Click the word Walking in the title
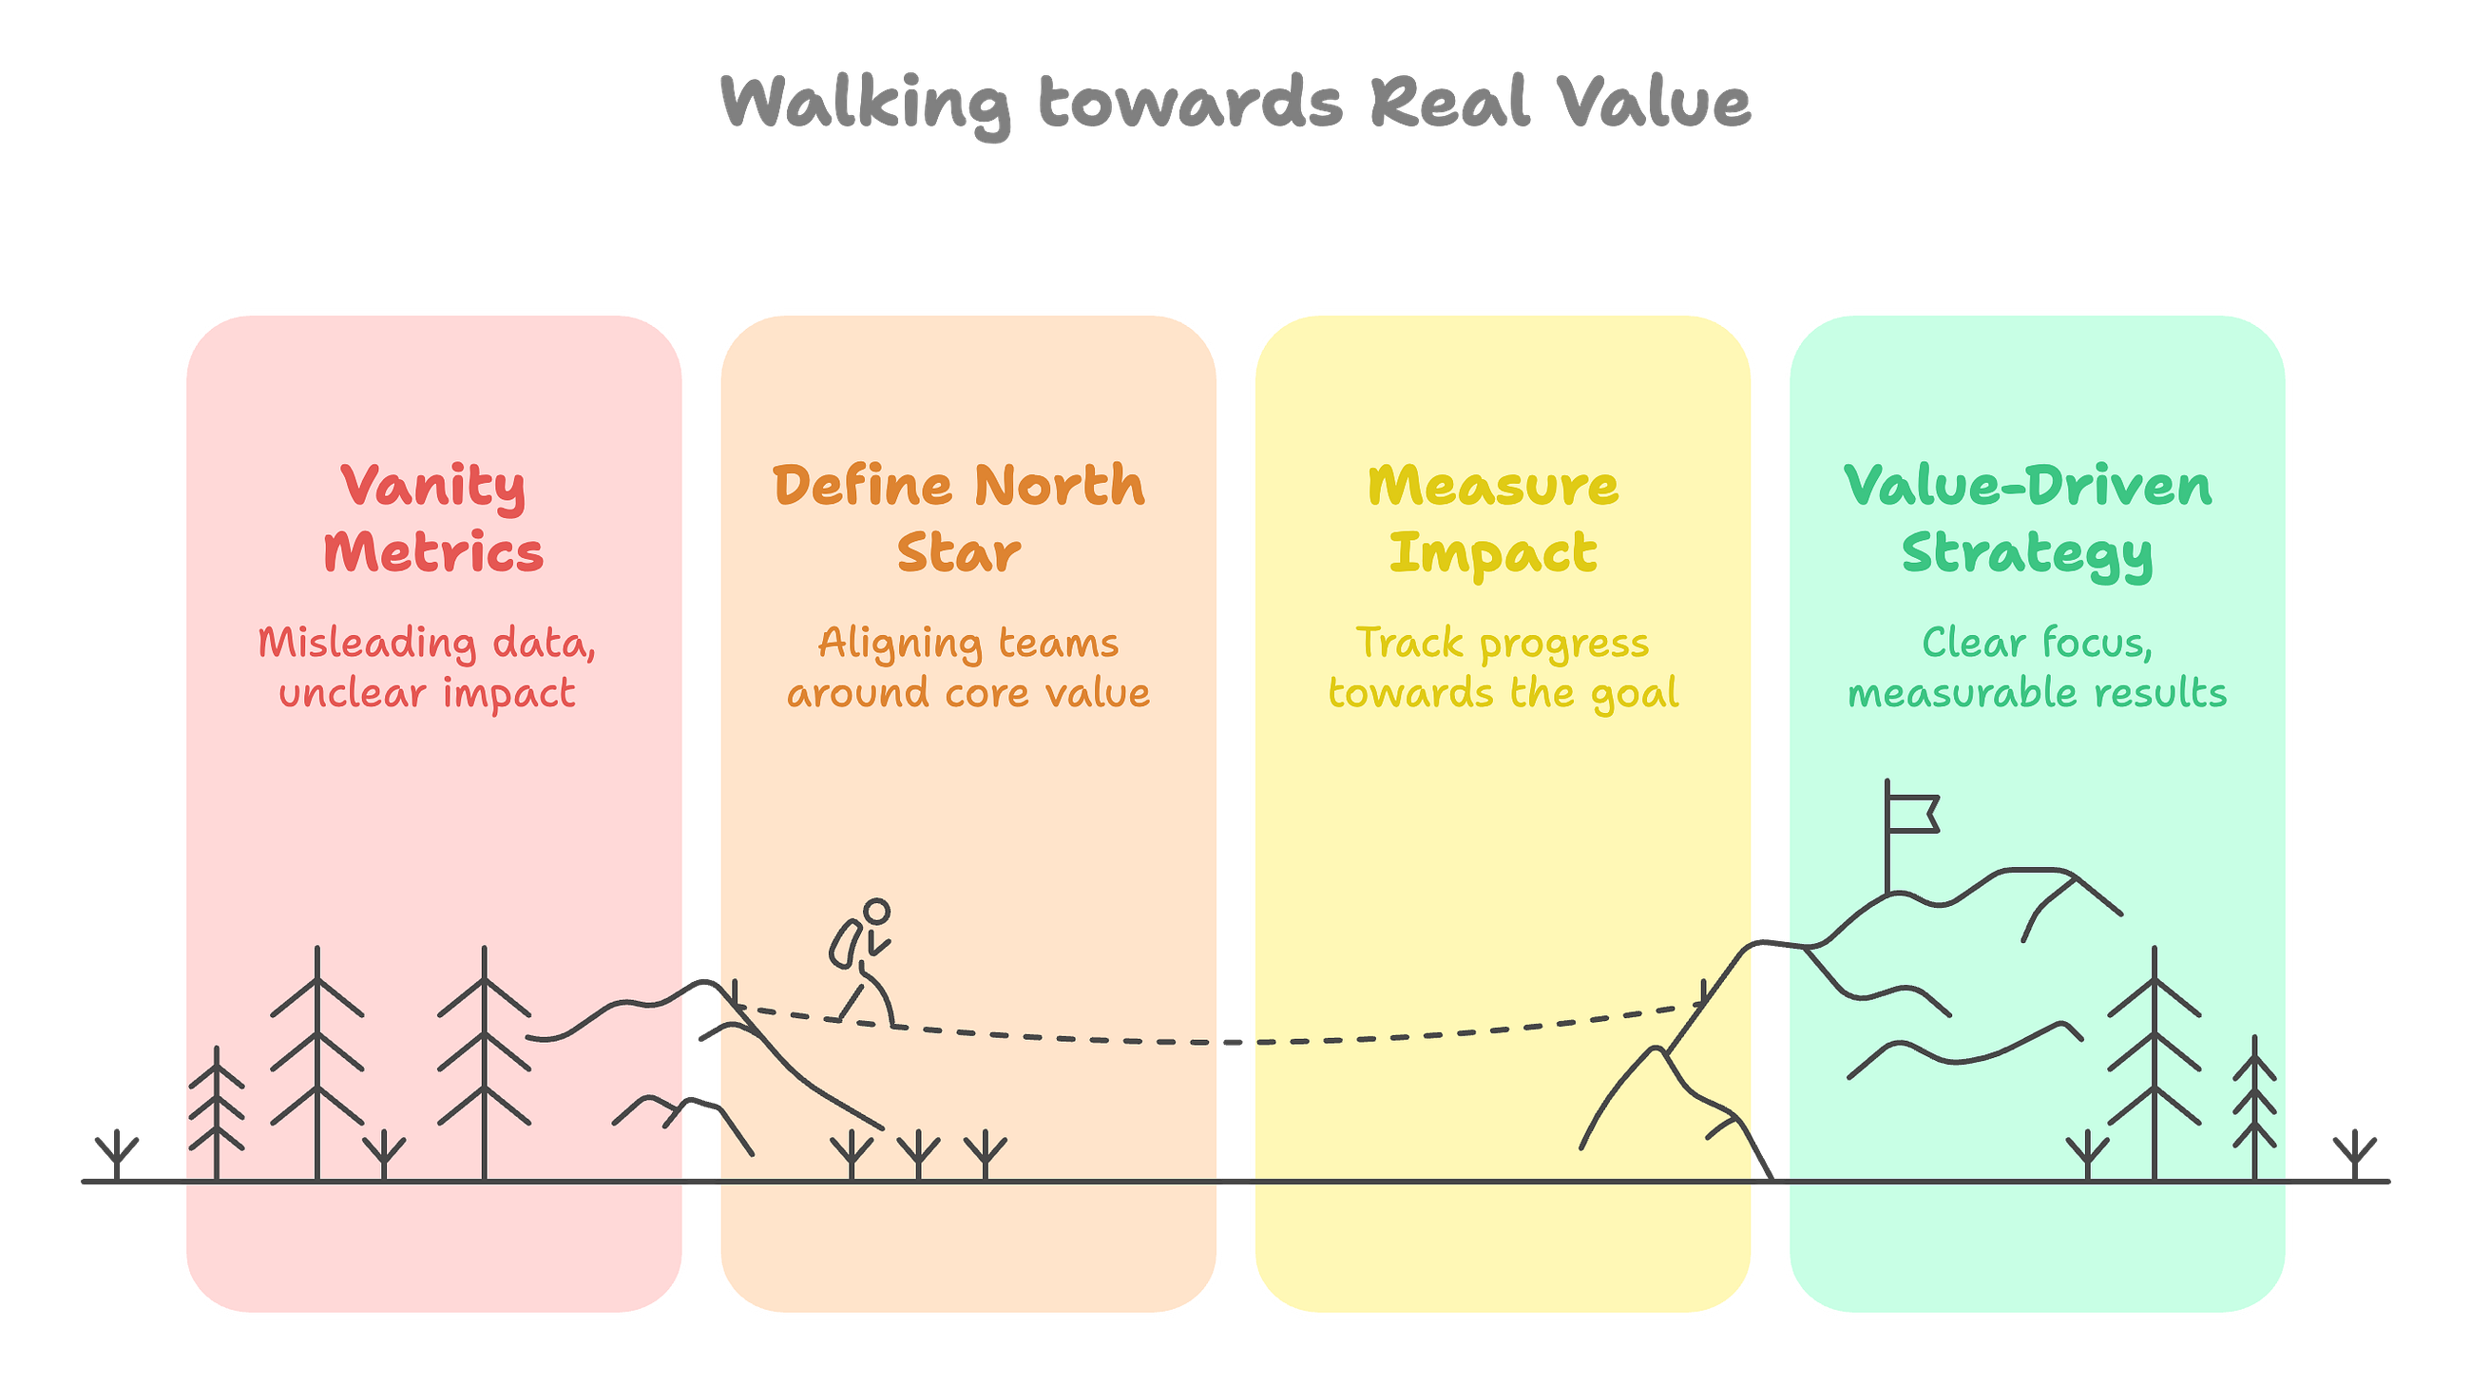pos(865,104)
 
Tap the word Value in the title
pos(1654,101)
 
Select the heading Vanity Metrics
pos(433,519)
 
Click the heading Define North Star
pos(959,518)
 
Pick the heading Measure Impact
pos(1494,520)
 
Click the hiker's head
pos(877,912)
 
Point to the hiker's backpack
pos(845,944)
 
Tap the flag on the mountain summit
pos(1913,814)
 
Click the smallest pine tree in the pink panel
pos(217,1112)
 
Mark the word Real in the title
pos(1450,101)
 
